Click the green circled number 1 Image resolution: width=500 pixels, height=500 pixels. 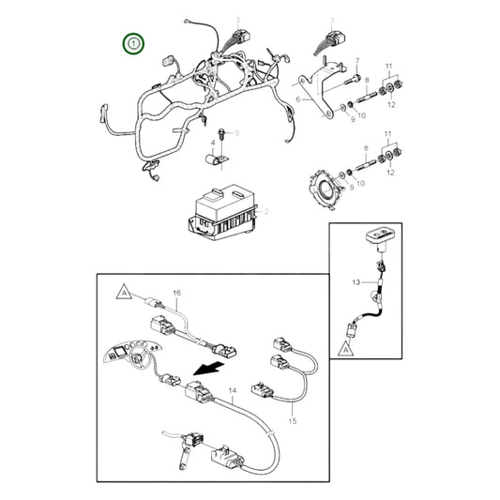click(x=135, y=44)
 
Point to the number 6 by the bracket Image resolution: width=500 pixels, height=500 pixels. click(x=297, y=98)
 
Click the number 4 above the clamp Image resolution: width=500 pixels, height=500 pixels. click(x=212, y=143)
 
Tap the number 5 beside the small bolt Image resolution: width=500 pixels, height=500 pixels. click(x=237, y=133)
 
